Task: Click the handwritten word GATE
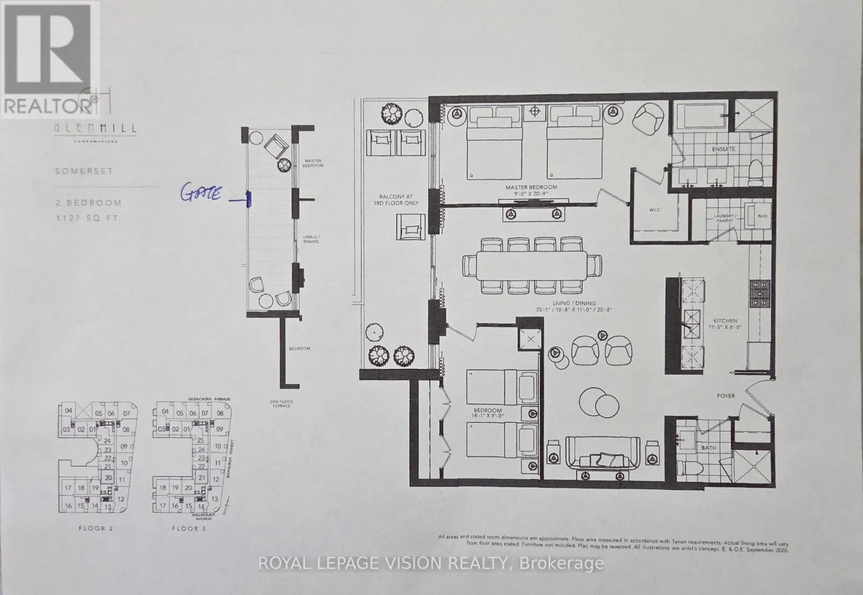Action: click(201, 193)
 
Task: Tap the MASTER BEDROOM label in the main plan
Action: click(531, 190)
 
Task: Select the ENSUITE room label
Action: click(723, 149)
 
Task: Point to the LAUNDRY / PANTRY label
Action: click(723, 218)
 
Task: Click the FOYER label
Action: click(725, 396)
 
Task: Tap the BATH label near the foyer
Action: click(708, 448)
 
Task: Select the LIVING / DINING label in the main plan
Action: click(574, 306)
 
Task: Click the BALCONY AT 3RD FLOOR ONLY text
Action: click(396, 200)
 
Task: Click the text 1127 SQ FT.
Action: click(88, 218)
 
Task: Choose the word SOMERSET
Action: click(84, 171)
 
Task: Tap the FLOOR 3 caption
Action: click(188, 528)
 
